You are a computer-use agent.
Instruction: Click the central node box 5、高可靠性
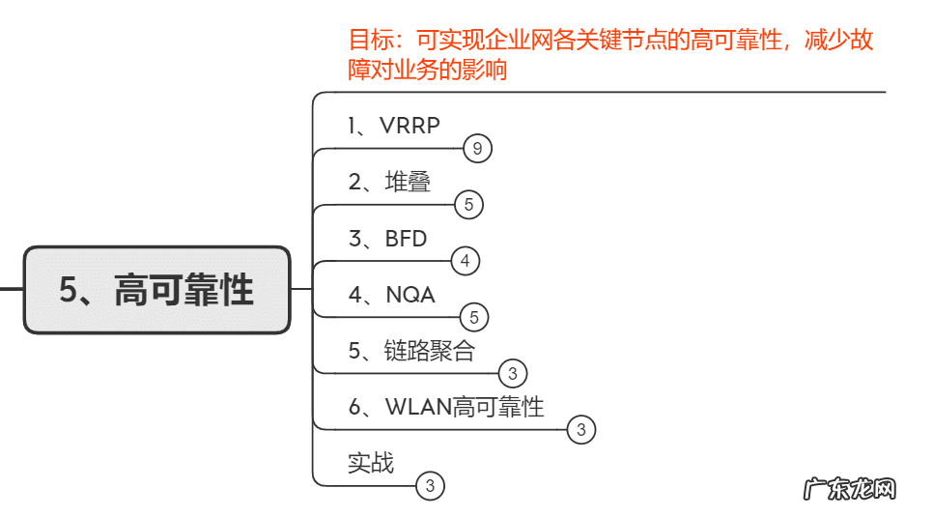156,290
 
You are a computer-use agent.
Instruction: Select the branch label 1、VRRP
393,125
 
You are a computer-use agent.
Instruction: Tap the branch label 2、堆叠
389,181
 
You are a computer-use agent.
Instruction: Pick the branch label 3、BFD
387,238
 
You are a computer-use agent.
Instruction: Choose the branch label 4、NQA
391,295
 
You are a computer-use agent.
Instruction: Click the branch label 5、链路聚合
411,351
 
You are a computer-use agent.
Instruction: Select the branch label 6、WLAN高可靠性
445,407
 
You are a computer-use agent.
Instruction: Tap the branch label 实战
371,462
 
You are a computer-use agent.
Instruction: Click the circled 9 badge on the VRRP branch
477,149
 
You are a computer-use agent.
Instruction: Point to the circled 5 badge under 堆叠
468,205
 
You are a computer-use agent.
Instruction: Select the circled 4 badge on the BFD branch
465,261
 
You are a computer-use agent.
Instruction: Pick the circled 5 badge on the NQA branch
474,317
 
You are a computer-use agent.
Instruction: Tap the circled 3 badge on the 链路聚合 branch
513,373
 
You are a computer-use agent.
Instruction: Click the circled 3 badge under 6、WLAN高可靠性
580,429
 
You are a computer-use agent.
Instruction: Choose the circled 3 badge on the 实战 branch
430,486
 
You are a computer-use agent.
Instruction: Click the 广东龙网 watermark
850,489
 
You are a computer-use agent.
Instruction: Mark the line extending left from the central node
11,289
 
